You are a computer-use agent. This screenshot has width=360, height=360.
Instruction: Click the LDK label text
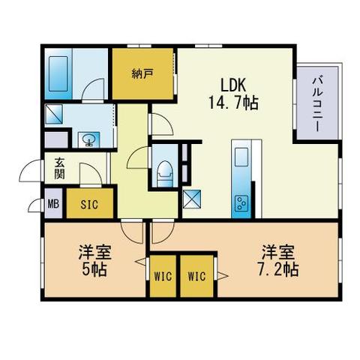(233, 85)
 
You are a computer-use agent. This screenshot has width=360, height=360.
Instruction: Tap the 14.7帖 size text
(233, 103)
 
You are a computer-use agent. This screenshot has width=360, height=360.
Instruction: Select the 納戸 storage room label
(142, 73)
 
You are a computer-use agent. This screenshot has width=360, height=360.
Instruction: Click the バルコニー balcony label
(317, 104)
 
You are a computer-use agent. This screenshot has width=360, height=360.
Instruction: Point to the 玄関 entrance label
(59, 168)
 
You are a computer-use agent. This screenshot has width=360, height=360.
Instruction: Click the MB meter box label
(53, 204)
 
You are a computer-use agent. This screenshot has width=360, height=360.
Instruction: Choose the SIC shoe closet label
(89, 205)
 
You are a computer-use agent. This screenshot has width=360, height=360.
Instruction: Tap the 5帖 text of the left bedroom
(94, 269)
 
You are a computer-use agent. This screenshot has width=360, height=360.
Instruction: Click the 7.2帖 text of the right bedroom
(278, 269)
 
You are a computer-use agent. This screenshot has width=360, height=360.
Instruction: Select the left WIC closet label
(163, 277)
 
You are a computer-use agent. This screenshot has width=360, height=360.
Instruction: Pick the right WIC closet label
(196, 277)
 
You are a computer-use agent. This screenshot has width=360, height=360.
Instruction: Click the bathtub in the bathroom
(58, 73)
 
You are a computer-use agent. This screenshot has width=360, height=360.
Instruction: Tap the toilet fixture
(164, 173)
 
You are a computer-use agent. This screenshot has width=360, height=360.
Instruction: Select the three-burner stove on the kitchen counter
(241, 203)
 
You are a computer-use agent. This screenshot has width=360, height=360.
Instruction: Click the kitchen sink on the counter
(241, 157)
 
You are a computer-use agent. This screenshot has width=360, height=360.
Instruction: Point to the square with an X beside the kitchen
(192, 199)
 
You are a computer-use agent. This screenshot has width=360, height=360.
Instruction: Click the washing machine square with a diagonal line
(54, 114)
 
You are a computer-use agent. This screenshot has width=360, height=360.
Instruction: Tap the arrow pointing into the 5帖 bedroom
(140, 262)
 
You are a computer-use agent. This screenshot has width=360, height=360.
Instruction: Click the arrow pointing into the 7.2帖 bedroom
(223, 276)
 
